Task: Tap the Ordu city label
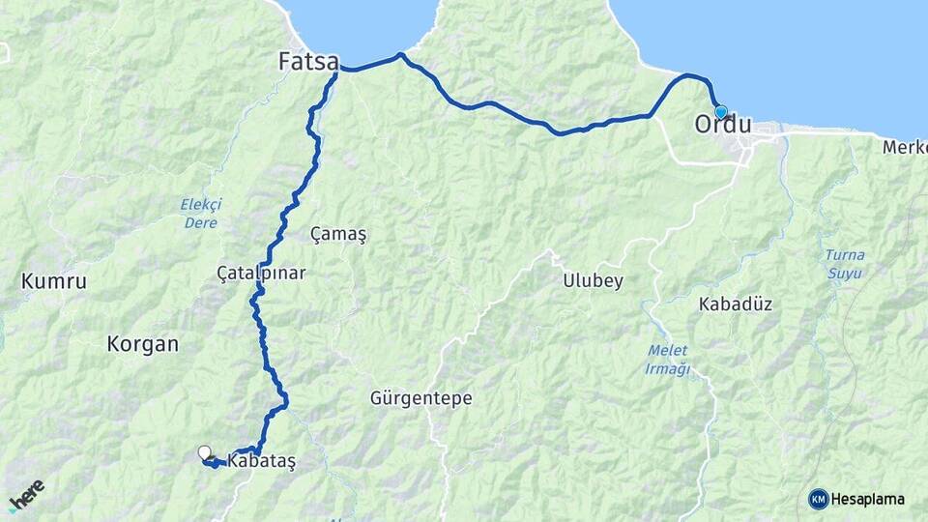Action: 723,125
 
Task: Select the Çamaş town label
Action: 338,234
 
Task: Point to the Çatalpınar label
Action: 261,274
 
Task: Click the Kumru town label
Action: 54,282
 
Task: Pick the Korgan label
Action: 143,343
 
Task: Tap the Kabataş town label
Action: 261,461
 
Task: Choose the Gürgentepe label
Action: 420,397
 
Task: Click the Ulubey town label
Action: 593,281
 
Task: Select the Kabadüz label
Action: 735,304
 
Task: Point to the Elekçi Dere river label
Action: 201,213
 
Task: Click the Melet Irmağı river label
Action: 667,359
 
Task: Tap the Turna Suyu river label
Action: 845,264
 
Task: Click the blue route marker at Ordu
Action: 720,112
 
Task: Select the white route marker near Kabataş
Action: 205,451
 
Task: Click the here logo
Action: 26,495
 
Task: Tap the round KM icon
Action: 818,499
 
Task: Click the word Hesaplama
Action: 868,499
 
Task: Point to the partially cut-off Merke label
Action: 905,147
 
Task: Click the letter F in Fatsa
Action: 285,62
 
